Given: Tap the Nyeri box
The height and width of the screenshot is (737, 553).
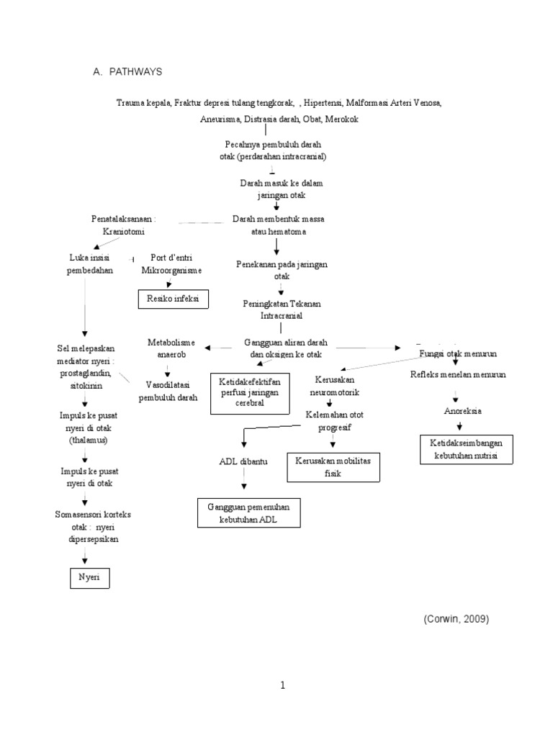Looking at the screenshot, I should pyautogui.click(x=90, y=578).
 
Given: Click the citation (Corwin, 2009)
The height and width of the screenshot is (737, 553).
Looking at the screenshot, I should pyautogui.click(x=454, y=620).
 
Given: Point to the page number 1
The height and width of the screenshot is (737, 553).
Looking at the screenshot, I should pyautogui.click(x=283, y=686).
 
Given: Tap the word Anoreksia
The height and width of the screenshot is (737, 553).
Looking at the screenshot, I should pyautogui.click(x=462, y=411).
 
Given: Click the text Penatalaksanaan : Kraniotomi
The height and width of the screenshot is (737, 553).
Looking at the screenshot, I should pyautogui.click(x=124, y=224).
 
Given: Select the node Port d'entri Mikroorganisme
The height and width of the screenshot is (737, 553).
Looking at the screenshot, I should pyautogui.click(x=171, y=264).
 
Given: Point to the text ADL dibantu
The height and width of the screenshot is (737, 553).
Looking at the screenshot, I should pyautogui.click(x=243, y=461).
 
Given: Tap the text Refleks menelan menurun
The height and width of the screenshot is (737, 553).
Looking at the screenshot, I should pyautogui.click(x=458, y=375).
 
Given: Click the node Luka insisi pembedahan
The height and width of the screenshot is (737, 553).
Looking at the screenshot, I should pyautogui.click(x=91, y=264).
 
